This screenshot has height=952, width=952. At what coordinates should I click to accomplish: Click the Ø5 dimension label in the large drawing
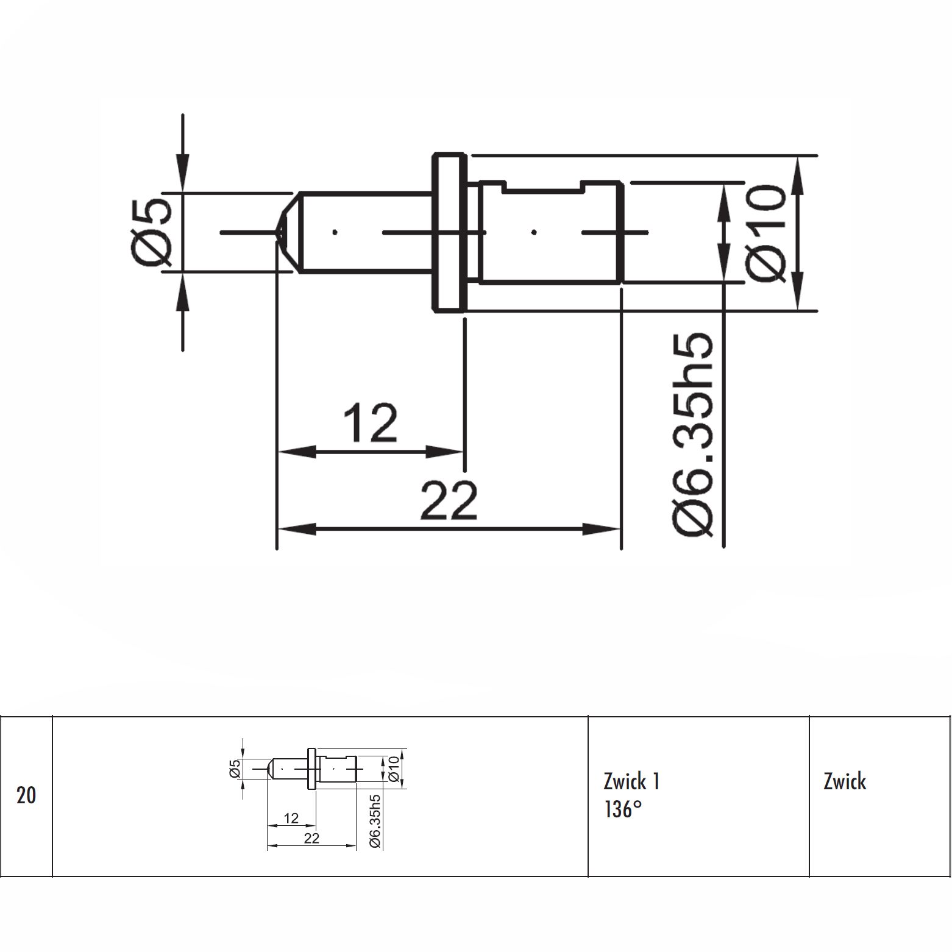pyautogui.click(x=151, y=232)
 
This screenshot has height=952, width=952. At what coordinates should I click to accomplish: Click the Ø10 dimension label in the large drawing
pyautogui.click(x=765, y=233)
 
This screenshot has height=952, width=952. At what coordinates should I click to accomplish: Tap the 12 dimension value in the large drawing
pyautogui.click(x=371, y=422)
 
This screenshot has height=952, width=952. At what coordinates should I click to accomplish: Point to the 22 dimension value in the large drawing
pyautogui.click(x=449, y=500)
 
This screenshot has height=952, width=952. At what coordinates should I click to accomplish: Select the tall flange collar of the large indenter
pyautogui.click(x=450, y=233)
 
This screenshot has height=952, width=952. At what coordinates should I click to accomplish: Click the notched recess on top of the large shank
pyautogui.click(x=542, y=186)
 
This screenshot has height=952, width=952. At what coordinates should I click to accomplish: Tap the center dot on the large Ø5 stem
pyautogui.click(x=335, y=232)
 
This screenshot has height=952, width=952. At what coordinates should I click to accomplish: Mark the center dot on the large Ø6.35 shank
pyautogui.click(x=534, y=232)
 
